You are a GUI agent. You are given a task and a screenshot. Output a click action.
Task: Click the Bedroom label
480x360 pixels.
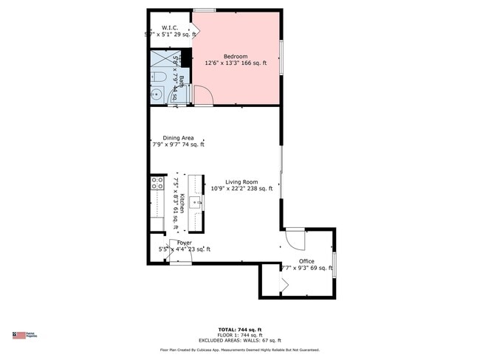coord(236,56)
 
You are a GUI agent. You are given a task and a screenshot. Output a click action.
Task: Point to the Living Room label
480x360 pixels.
coord(241,181)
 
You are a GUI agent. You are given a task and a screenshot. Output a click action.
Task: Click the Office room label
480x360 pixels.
coord(306,261)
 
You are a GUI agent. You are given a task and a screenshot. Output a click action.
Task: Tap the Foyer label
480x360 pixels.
coord(184,243)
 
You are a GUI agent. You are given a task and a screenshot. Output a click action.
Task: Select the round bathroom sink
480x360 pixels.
coord(157,94)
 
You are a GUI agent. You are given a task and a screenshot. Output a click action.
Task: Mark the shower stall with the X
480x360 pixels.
coord(161,59)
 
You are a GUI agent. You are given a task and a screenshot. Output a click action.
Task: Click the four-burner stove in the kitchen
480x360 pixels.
coord(157,183)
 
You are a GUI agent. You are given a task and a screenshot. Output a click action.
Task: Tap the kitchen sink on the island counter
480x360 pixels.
coord(195,201)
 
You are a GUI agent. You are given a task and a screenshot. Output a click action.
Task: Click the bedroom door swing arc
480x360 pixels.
coord(202,96)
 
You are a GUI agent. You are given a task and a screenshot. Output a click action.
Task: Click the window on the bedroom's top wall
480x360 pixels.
coord(205,10)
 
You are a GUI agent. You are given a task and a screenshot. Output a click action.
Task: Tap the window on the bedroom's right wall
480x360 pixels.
coord(281,58)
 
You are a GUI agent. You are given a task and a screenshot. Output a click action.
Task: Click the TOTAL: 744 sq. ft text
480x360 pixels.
coord(240,329)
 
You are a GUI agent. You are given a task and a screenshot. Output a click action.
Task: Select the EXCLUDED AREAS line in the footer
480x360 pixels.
coord(240,340)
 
